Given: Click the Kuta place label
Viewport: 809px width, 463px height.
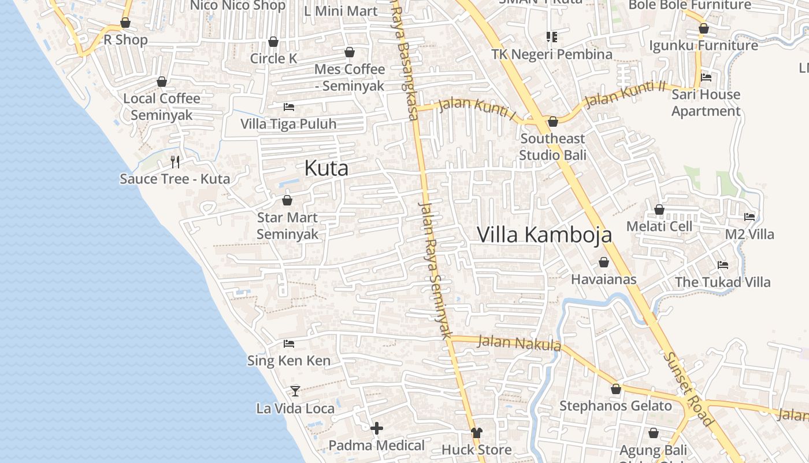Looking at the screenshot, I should [x=326, y=168].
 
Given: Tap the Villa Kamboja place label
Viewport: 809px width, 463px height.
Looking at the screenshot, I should [x=544, y=235].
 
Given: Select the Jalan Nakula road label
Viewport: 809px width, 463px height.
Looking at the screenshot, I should [x=519, y=343].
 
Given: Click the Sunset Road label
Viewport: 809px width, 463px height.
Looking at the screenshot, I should [x=688, y=389].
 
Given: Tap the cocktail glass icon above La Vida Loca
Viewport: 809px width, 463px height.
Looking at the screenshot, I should [x=295, y=391].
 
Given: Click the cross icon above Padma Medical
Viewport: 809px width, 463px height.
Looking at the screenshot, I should [x=377, y=428].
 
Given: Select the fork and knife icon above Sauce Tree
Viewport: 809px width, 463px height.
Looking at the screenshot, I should [x=175, y=161].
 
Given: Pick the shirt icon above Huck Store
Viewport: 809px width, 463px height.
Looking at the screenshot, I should [x=476, y=432].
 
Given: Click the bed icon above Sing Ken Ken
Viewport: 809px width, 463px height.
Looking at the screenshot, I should [x=289, y=344].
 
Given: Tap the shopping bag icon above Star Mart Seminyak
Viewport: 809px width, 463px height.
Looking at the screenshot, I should [x=287, y=200].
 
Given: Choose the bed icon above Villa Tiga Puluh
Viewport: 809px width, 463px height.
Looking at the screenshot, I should [x=288, y=106].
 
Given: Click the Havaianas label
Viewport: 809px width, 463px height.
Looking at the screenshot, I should [x=603, y=280].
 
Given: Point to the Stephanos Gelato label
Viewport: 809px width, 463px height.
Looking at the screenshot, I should [x=615, y=406].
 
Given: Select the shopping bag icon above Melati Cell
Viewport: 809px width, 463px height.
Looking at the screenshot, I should [x=659, y=210].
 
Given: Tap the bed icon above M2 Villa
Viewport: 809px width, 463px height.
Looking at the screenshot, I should [x=749, y=217].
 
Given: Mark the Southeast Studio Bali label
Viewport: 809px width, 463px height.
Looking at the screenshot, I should [x=552, y=147].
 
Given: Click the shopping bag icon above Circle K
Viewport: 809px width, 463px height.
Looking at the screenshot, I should [x=273, y=42].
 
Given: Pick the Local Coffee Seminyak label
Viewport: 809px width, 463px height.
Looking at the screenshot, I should [x=162, y=106].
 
